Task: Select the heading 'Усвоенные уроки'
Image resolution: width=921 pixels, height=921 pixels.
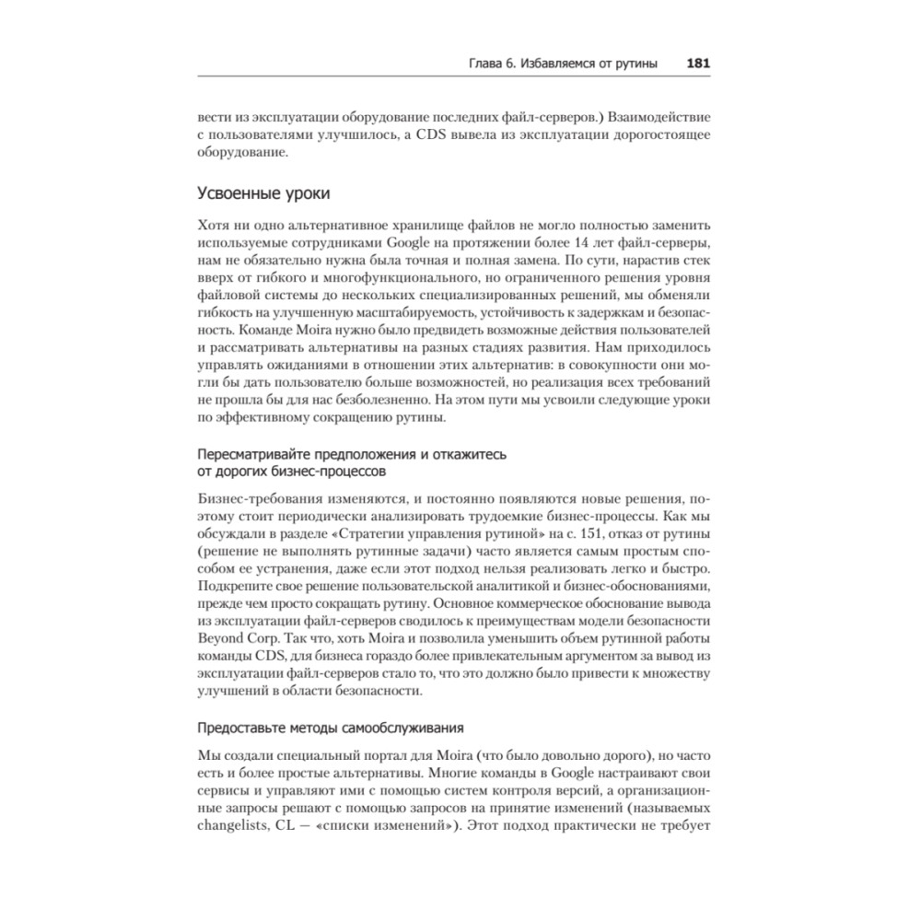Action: [263, 194]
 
